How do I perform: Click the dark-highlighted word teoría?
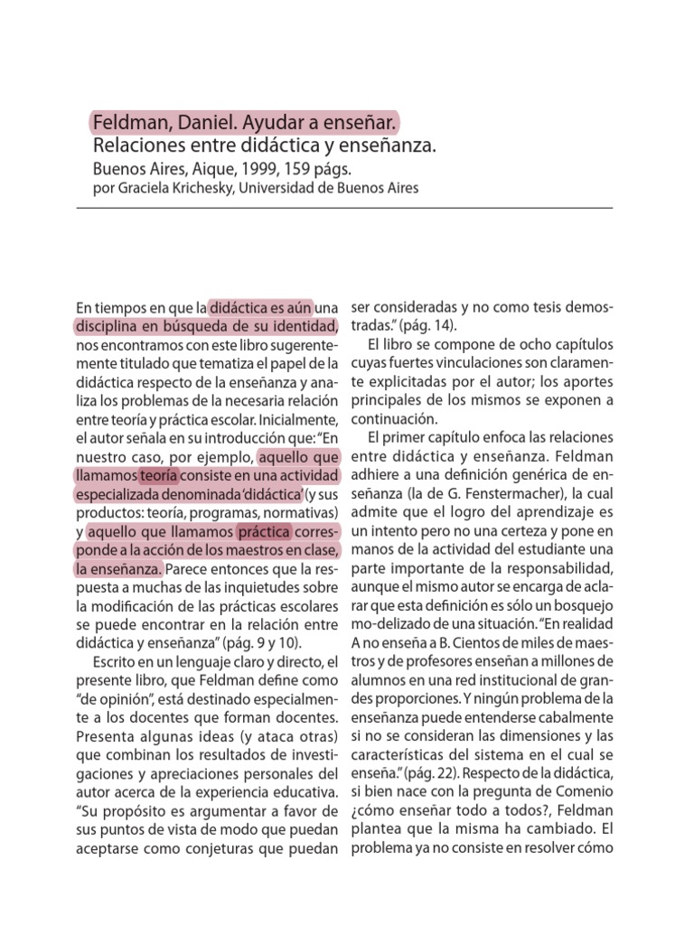click(x=159, y=475)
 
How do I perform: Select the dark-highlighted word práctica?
click(x=265, y=532)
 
